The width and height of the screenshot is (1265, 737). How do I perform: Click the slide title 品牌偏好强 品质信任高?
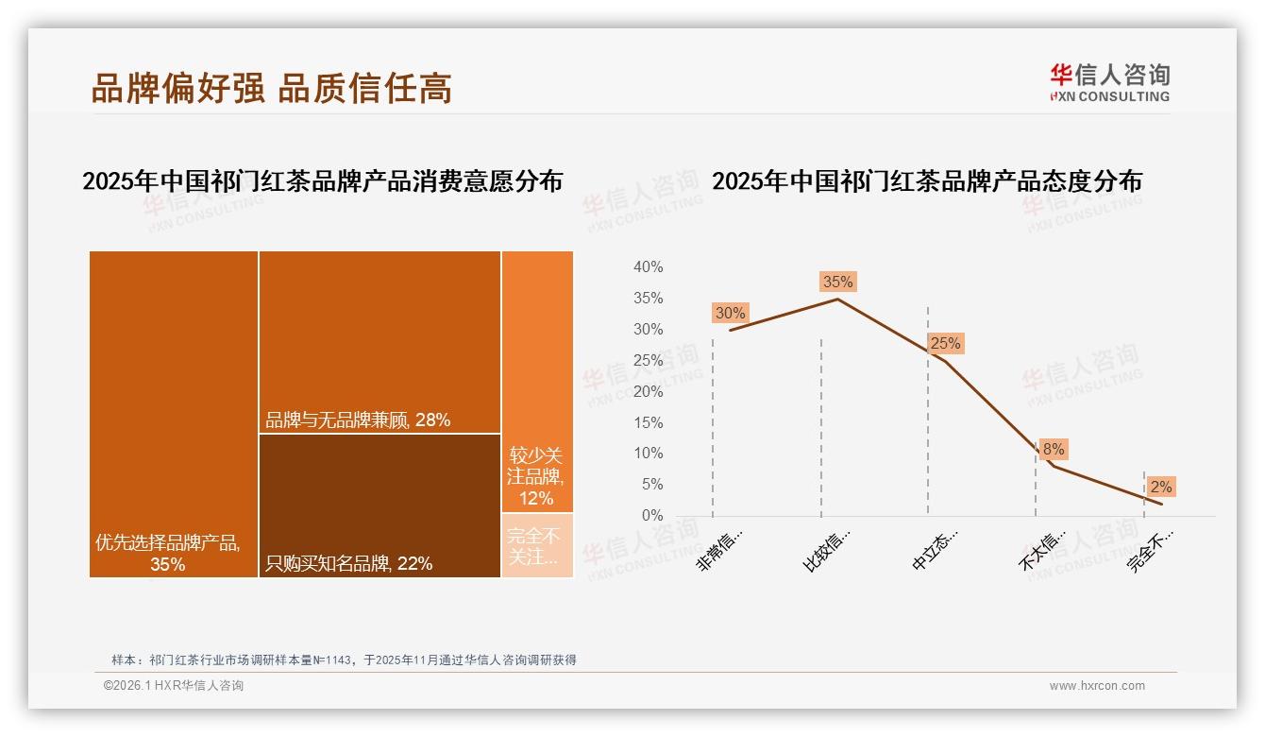click(x=272, y=88)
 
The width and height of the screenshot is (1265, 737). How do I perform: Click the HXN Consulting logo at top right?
click(x=1109, y=82)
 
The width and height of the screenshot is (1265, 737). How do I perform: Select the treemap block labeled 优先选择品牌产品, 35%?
click(x=174, y=414)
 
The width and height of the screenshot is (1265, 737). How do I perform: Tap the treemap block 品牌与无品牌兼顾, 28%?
click(x=379, y=342)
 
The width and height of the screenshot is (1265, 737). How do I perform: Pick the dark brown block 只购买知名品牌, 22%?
click(x=379, y=506)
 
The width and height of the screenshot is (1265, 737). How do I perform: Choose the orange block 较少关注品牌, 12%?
click(x=537, y=382)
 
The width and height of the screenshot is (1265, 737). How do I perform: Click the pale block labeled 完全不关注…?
click(x=537, y=545)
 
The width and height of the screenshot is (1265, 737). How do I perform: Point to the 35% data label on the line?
click(x=837, y=282)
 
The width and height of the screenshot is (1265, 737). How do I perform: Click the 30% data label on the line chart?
click(x=730, y=313)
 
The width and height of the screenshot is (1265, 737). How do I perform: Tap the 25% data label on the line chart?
click(x=945, y=344)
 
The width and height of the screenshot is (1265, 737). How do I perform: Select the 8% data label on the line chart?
click(x=1054, y=450)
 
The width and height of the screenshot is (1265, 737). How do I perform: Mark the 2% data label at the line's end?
click(x=1161, y=487)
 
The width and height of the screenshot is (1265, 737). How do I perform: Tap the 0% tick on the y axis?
click(x=651, y=515)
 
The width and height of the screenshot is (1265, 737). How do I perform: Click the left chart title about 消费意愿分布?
click(x=322, y=181)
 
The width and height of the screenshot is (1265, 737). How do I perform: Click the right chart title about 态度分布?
click(x=926, y=181)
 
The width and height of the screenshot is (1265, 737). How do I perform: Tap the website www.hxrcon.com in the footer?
click(x=1097, y=686)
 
